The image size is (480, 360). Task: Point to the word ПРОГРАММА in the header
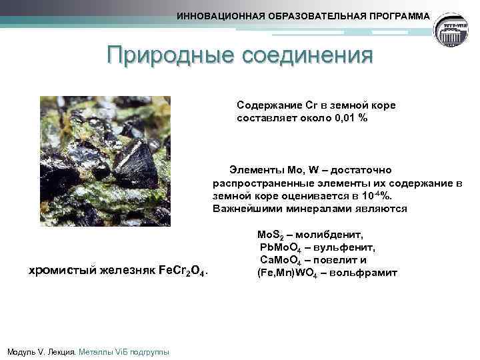point(399,15)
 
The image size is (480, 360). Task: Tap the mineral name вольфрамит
point(364,273)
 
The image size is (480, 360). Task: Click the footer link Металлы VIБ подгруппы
point(123,351)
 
